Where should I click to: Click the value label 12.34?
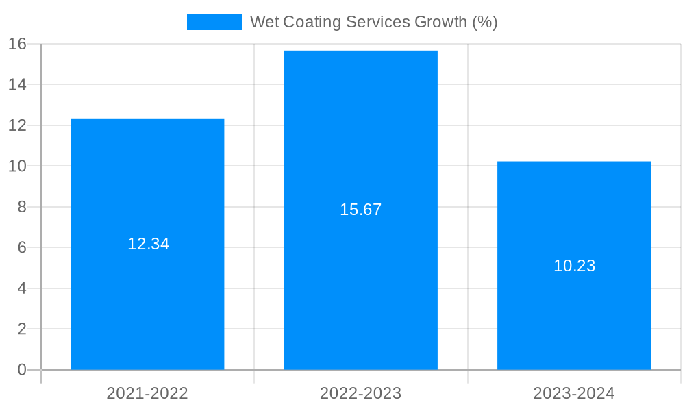(x=148, y=244)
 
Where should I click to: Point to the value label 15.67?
(x=360, y=210)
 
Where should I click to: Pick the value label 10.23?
(x=574, y=266)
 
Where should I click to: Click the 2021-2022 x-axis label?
(x=147, y=393)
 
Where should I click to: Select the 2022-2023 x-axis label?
(x=360, y=393)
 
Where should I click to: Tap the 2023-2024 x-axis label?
(x=574, y=393)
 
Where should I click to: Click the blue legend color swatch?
(x=214, y=22)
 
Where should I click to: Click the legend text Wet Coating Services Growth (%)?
(x=373, y=22)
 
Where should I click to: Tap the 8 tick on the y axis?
(x=21, y=207)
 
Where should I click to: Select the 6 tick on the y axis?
(x=21, y=248)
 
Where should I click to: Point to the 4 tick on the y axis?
(x=21, y=288)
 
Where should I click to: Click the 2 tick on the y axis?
(x=21, y=329)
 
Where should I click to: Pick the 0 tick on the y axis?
(x=21, y=370)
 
